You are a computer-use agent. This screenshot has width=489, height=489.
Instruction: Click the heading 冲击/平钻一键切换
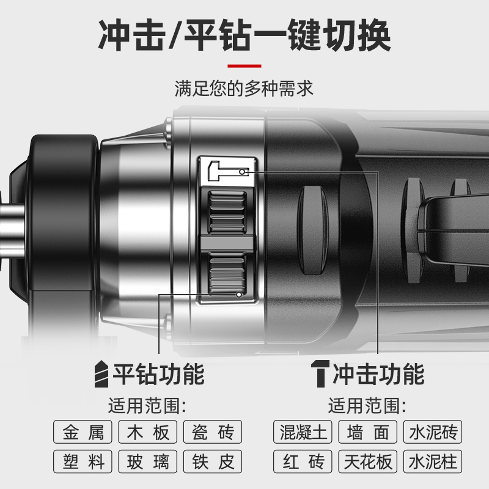click(244, 35)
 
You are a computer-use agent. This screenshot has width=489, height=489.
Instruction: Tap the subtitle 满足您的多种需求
click(244, 89)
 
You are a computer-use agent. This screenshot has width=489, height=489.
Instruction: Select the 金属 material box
click(83, 432)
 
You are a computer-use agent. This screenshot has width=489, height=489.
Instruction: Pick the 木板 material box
click(148, 432)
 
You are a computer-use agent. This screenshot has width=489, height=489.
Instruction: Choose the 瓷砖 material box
click(213, 432)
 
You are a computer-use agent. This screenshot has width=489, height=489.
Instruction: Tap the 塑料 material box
click(83, 461)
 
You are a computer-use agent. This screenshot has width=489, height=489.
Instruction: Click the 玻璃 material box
click(148, 461)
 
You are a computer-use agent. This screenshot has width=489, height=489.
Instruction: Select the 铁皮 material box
click(213, 461)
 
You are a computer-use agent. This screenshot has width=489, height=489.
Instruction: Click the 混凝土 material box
click(303, 432)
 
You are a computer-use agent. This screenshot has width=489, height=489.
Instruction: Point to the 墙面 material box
click(368, 432)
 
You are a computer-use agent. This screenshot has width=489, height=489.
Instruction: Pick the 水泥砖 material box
click(433, 432)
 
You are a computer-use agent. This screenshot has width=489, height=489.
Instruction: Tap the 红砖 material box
click(303, 461)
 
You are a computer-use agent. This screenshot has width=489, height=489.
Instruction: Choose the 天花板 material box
click(368, 461)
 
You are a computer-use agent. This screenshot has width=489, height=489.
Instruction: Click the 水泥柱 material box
click(433, 461)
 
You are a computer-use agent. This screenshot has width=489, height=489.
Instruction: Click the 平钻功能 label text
click(158, 373)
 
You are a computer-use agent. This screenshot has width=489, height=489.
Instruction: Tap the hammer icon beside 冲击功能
click(319, 373)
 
